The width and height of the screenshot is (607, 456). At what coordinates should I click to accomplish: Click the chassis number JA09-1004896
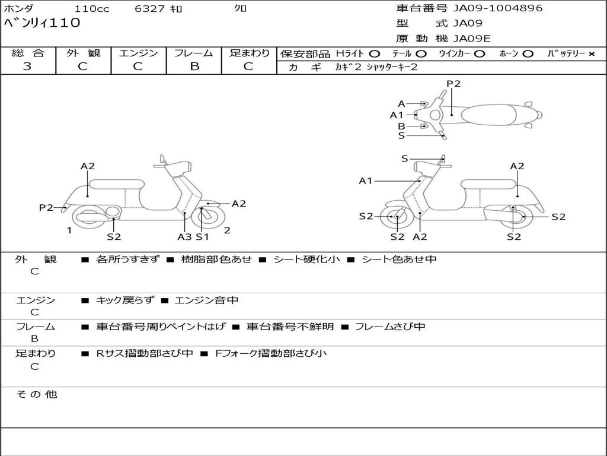coord(498,8)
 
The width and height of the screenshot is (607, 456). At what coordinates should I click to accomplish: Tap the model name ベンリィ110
coord(42,24)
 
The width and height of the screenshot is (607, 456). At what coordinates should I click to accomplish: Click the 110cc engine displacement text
coord(91,9)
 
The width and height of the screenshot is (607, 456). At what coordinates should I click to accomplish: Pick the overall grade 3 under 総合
coord(27,66)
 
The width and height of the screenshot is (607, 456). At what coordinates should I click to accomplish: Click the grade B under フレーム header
coord(194,66)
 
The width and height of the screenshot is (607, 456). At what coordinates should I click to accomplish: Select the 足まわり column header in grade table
coord(249,53)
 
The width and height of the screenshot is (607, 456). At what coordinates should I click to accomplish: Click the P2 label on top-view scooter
coord(453,84)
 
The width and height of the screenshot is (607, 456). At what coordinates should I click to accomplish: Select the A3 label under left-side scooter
coord(184,236)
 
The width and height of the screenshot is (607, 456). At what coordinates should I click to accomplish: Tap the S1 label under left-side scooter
coord(203,236)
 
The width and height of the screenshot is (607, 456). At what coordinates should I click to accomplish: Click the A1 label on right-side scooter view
coord(365,181)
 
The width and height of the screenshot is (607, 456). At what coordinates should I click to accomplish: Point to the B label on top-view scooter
coord(401,126)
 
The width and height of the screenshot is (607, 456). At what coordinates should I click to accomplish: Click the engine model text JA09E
coord(472,39)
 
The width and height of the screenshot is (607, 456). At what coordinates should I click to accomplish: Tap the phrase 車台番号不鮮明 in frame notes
coord(290,327)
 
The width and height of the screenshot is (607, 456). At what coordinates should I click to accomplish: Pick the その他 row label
coord(36,394)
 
